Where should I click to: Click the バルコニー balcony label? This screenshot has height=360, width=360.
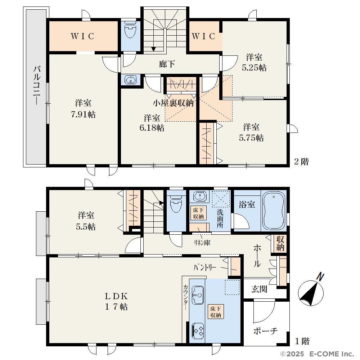point(37,85)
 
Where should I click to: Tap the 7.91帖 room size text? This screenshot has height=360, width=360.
point(83,114)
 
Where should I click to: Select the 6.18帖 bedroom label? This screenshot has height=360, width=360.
point(152,128)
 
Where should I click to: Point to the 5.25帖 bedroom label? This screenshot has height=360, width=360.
point(254,68)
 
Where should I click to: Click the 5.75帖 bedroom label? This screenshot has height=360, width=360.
point(251,138)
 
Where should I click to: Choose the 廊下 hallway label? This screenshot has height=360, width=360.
point(167,64)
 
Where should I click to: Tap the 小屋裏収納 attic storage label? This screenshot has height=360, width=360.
point(174,103)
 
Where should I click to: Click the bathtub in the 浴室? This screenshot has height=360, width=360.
point(274,211)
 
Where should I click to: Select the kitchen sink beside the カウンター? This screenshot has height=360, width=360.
point(197,295)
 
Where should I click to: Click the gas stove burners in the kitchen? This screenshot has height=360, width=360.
point(198,331)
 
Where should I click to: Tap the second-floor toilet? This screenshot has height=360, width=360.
point(130,30)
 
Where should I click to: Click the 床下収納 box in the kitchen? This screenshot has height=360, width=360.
point(216,312)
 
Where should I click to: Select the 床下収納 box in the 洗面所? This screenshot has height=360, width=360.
point(198,213)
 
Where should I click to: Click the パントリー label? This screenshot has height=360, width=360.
point(205,267)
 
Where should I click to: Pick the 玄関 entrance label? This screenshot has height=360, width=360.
point(259,289)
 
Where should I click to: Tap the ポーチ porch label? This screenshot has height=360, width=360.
point(265,331)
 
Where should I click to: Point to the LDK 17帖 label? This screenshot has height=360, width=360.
point(116,301)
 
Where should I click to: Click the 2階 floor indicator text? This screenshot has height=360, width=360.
point(301,162)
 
